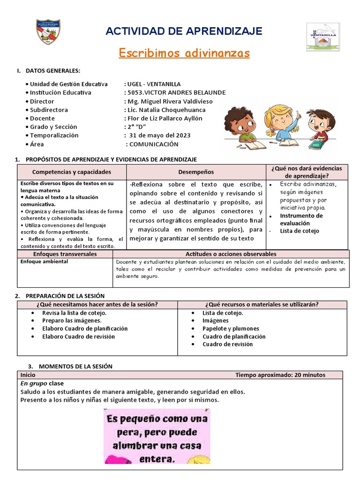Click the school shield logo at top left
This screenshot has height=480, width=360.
48,32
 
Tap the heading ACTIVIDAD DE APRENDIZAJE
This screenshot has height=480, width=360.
184,31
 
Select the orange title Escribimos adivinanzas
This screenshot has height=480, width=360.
184,53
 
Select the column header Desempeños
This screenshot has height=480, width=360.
196,172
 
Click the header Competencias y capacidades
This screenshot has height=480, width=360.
72,172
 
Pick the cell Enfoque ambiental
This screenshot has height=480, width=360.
45,262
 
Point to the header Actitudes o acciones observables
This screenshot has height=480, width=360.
231,254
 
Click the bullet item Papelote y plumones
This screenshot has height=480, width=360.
231,329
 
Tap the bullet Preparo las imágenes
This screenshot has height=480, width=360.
72,321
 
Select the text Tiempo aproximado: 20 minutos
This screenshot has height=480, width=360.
280,375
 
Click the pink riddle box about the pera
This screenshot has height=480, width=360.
157,436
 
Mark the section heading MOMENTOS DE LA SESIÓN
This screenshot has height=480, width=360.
75,366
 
